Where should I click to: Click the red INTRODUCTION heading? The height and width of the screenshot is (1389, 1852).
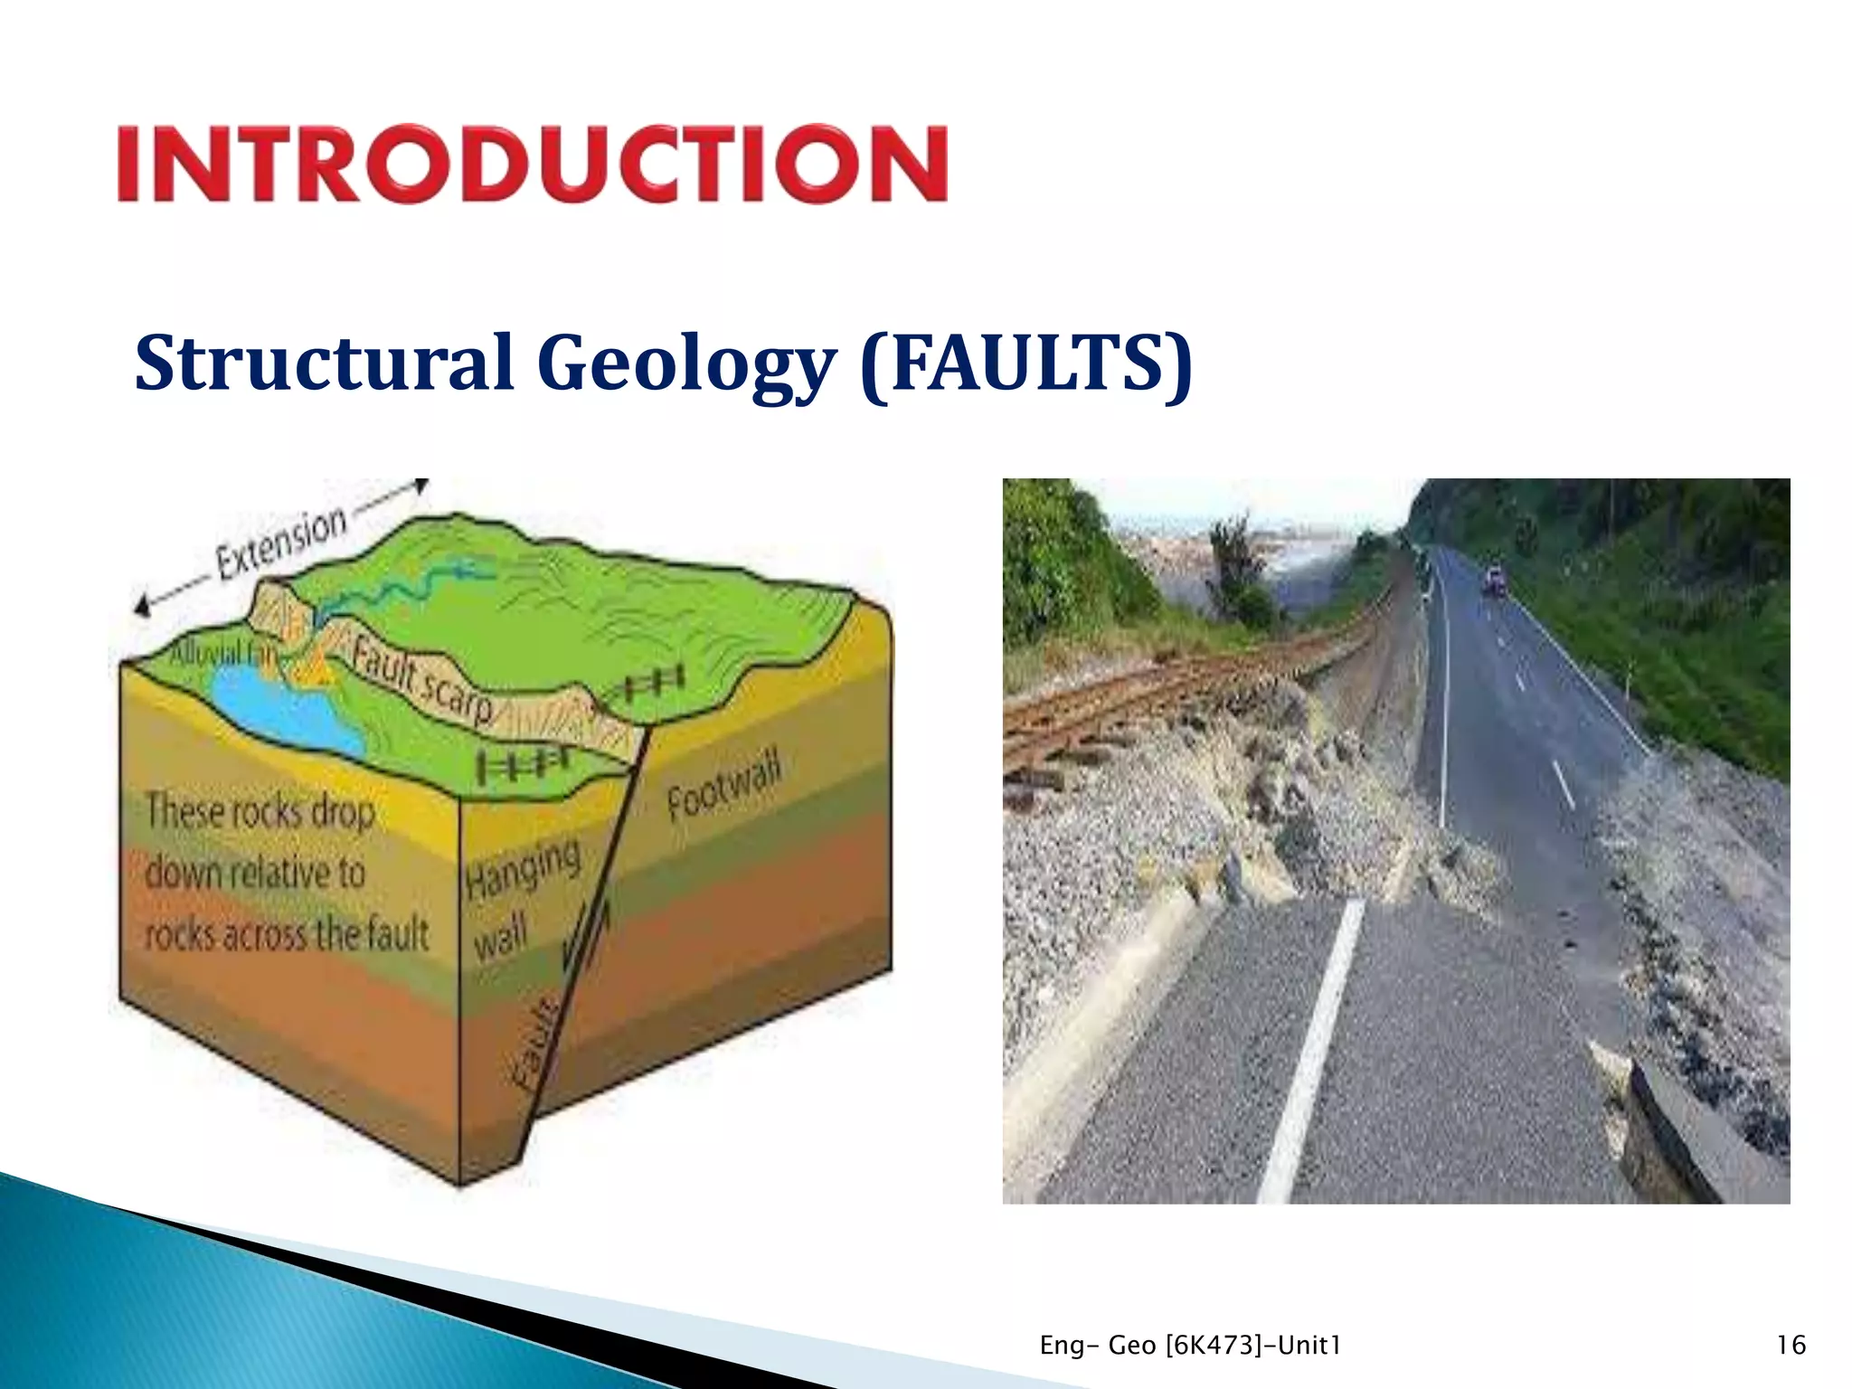coord(532,164)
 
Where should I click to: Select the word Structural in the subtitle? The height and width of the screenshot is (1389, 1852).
coord(324,364)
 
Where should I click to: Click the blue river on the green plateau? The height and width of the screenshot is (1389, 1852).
coord(407,588)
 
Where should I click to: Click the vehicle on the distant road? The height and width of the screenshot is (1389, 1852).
coord(1493,580)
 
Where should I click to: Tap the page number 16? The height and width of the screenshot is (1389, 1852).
coord(1791,1345)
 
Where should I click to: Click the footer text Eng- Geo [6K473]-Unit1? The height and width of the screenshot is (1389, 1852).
coord(1190,1345)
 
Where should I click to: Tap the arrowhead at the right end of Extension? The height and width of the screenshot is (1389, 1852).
coord(420,487)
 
